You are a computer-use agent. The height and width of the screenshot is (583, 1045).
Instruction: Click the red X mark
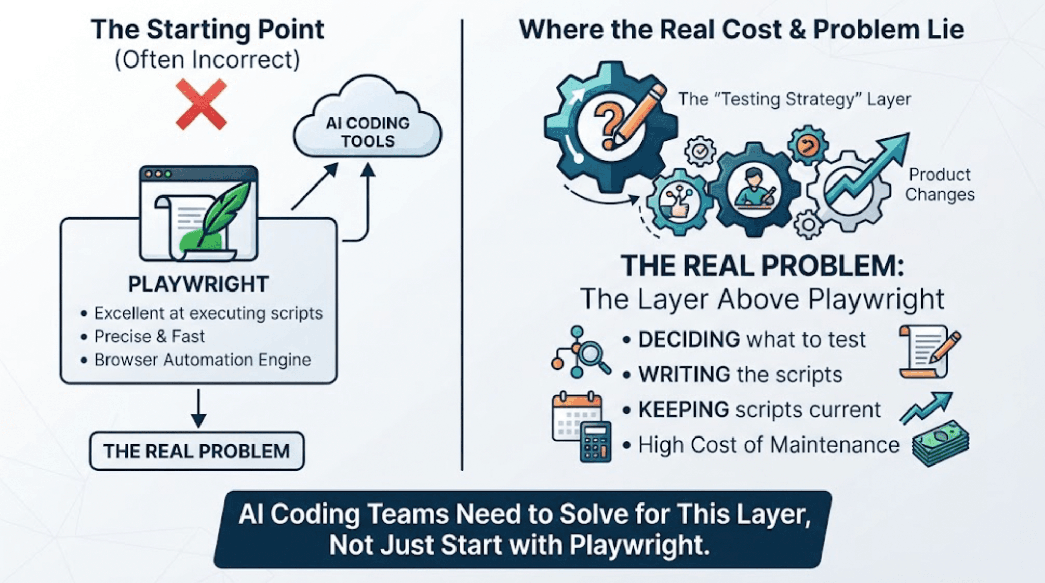[x=201, y=104]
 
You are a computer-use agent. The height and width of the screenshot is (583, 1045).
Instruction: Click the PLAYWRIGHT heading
[x=198, y=284]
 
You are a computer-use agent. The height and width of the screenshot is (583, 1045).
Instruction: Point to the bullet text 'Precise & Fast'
[x=150, y=337]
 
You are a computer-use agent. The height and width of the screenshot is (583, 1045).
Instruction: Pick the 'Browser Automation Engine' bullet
[x=203, y=360]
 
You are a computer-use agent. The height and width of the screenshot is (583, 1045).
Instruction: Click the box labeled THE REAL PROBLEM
[x=197, y=451]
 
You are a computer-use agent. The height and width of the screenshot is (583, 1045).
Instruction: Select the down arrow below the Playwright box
[x=198, y=408]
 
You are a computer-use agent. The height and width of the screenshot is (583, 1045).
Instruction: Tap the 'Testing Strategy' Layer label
[x=795, y=99]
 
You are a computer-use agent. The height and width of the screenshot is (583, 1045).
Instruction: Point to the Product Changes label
[x=940, y=184]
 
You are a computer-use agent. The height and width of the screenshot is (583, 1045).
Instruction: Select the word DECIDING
[x=689, y=339]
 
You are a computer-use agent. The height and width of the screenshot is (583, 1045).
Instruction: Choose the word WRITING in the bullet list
[x=685, y=374]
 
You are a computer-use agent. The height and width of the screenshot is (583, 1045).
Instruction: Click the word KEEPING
[x=684, y=409]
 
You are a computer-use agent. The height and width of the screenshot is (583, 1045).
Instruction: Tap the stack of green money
[x=941, y=443]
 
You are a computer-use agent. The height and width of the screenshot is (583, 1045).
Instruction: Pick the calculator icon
[x=595, y=442]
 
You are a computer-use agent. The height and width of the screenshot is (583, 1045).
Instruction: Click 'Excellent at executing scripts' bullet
[x=208, y=313]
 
